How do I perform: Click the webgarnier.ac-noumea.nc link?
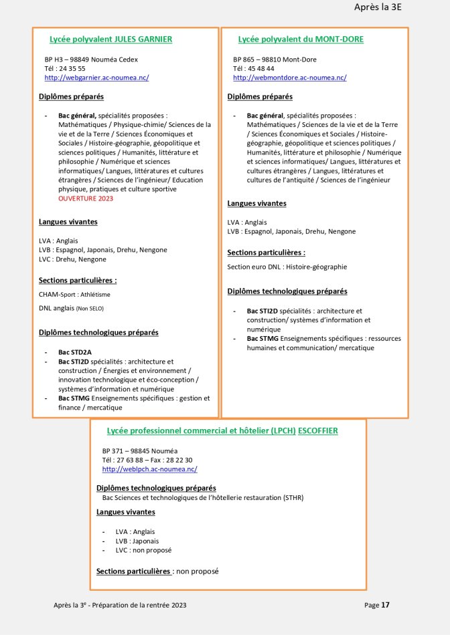[96, 78]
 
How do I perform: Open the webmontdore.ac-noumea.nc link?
[289, 78]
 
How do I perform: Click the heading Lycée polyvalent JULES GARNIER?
[110, 39]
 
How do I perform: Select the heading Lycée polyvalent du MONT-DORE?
[301, 39]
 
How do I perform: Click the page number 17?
[385, 605]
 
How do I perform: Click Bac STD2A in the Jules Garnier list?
[74, 352]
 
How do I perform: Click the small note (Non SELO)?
[91, 308]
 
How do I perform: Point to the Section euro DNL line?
[287, 267]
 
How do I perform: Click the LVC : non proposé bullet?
[143, 550]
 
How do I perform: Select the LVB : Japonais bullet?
[137, 541]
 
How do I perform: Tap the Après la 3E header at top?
[381, 8]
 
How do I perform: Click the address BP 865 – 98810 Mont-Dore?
[275, 59]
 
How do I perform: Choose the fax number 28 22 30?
[178, 460]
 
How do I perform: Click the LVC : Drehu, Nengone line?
[73, 259]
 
